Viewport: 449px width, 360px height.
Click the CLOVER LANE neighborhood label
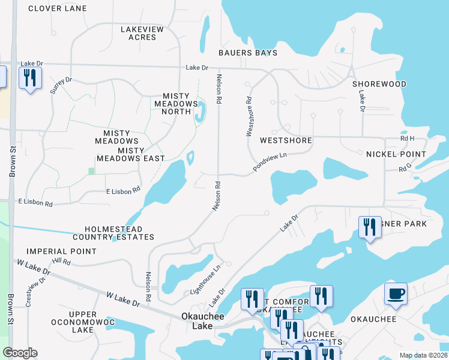[x=57, y=8]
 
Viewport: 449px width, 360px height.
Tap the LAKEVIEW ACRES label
[x=138, y=33]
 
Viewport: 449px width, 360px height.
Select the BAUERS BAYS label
[x=248, y=53]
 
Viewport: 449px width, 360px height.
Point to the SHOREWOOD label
[x=379, y=84]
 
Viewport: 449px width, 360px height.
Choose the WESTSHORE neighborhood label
[x=286, y=140]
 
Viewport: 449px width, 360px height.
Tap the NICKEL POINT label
[x=396, y=154]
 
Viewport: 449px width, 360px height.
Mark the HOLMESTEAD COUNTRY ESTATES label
[x=119, y=233]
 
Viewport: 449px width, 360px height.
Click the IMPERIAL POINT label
[x=61, y=251]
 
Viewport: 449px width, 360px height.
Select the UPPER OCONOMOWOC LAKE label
[x=83, y=322]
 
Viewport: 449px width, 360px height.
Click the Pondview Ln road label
[x=270, y=162]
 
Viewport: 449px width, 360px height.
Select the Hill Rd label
[x=61, y=262]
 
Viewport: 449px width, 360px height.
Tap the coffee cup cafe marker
[x=396, y=295]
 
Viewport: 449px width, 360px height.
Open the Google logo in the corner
[x=20, y=353]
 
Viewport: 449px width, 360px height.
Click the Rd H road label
[x=408, y=139]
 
